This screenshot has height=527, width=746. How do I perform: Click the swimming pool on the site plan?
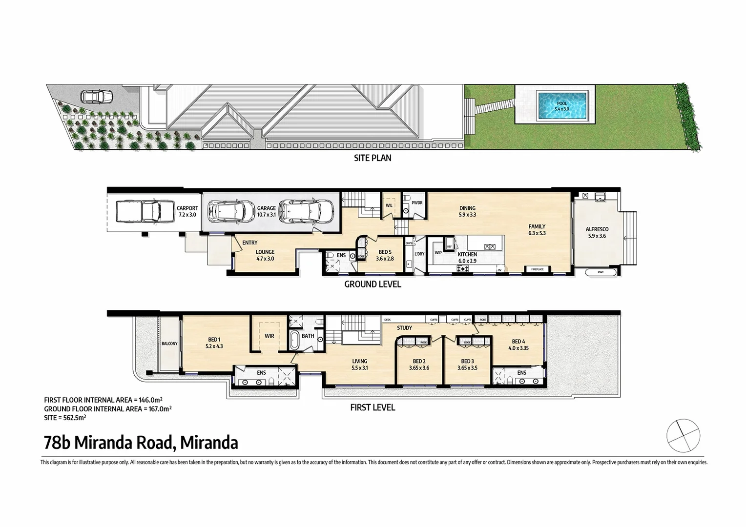[562, 106]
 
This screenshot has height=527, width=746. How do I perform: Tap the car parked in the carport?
[138, 211]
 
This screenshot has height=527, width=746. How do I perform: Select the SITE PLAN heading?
[373, 158]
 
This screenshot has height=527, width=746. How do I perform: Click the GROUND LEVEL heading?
[373, 284]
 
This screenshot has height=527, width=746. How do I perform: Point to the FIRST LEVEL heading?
[373, 407]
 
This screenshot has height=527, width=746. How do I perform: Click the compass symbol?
[683, 435]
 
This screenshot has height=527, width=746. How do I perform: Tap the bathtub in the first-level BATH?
[294, 340]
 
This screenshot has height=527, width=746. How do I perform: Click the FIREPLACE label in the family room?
[537, 269]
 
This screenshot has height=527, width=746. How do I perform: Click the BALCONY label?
[169, 344]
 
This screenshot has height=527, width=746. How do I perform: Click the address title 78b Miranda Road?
[141, 443]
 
